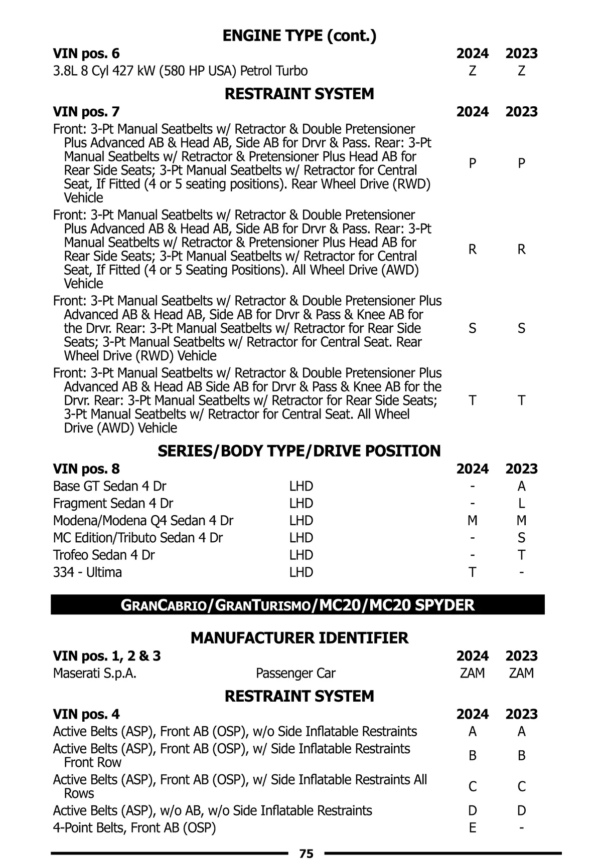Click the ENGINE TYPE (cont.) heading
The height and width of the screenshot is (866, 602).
[299, 36]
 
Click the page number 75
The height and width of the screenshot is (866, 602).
[306, 853]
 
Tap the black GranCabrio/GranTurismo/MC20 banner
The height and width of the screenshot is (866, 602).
[297, 605]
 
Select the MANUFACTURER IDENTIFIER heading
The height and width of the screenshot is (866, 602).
[299, 638]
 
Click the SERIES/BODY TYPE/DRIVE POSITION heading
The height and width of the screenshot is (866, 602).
[299, 451]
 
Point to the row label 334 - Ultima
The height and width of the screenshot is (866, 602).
[87, 572]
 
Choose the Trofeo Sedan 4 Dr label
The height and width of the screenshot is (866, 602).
[104, 555]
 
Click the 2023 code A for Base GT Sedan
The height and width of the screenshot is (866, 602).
[521, 486]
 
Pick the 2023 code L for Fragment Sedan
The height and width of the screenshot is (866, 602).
[521, 503]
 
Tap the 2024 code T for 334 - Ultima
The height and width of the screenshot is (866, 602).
[472, 572]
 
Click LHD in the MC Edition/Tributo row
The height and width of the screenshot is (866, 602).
[301, 538]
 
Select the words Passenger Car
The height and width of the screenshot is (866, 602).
[295, 673]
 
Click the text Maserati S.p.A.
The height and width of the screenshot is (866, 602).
[95, 673]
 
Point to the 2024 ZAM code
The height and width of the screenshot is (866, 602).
[472, 673]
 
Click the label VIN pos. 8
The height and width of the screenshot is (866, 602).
[86, 469]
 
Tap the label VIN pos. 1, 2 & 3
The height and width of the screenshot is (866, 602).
[107, 656]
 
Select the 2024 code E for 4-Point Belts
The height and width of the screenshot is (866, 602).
[472, 827]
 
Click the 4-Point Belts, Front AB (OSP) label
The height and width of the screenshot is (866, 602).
[134, 827]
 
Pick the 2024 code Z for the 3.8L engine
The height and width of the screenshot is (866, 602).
[472, 71]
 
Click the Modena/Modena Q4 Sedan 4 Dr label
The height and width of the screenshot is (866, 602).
[143, 521]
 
